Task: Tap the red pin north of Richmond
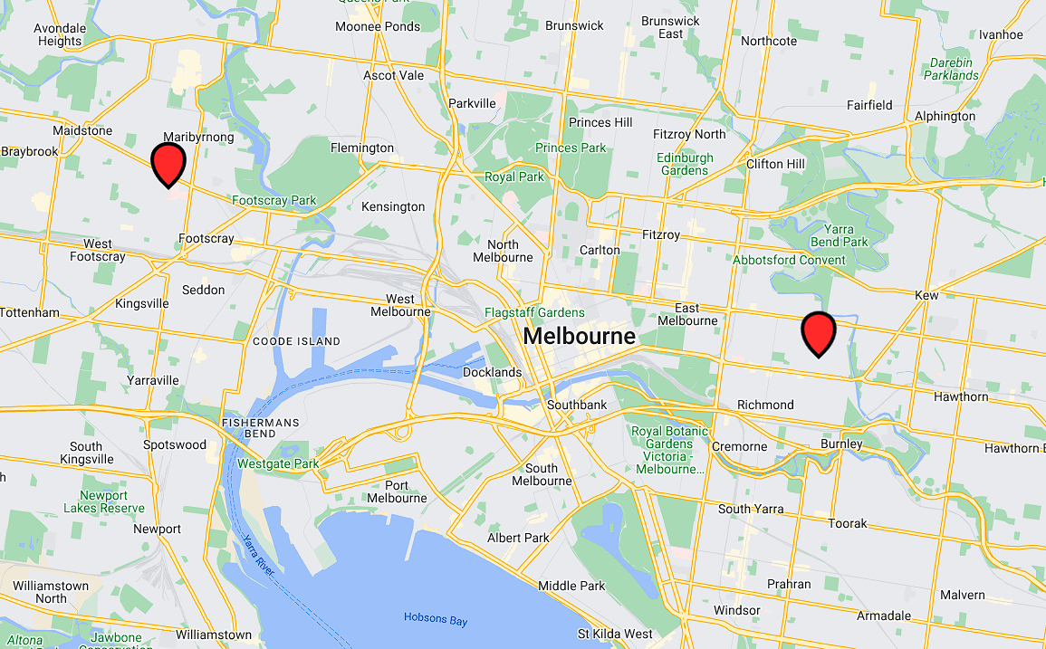(819, 332)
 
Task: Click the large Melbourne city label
(580, 337)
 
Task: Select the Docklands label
(492, 372)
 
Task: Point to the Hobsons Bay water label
(437, 618)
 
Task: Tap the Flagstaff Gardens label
(534, 313)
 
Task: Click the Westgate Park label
(278, 464)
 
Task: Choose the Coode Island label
(296, 341)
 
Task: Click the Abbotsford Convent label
(790, 260)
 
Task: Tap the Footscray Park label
(274, 200)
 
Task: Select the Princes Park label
(571, 148)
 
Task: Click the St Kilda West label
(615, 634)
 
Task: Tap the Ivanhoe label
(1001, 34)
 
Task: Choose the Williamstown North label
(52, 592)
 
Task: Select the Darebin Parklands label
(951, 69)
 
